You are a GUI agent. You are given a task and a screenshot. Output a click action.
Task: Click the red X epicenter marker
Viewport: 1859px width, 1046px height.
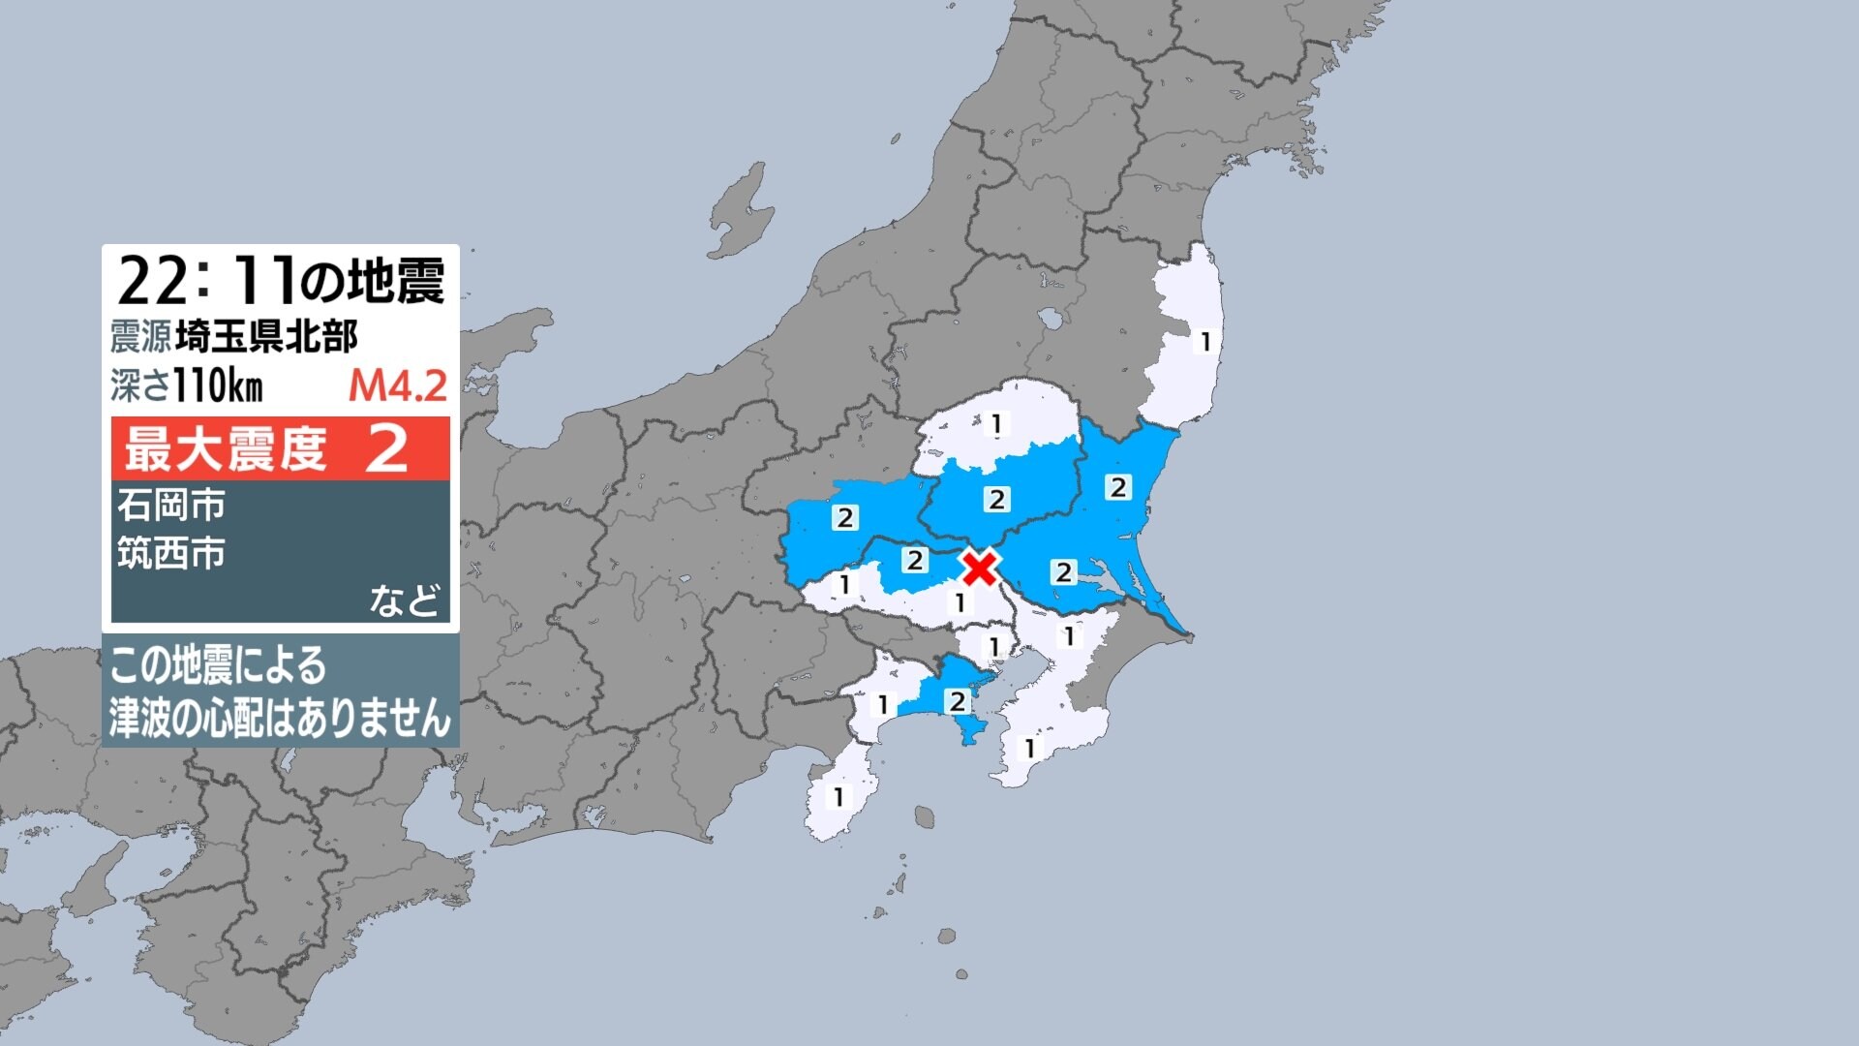(980, 567)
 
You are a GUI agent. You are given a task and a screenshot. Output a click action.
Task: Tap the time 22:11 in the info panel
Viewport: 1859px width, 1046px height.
(206, 282)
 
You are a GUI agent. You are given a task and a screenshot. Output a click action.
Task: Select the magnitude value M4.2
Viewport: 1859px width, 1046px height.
(398, 386)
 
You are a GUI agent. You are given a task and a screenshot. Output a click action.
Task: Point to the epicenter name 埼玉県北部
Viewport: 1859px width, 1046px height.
(266, 337)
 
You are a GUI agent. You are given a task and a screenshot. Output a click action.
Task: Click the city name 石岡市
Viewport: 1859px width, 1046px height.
(171, 505)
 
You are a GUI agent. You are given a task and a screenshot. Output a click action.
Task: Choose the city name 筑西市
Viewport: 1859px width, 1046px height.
(171, 553)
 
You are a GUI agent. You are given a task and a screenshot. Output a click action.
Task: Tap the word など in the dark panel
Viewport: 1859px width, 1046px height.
(405, 600)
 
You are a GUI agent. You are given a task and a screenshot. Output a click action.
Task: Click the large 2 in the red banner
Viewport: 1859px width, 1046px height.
(386, 448)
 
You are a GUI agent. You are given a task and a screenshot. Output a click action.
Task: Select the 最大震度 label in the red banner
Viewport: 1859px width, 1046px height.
(226, 448)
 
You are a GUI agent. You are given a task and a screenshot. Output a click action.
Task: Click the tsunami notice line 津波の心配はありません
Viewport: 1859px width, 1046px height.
(280, 718)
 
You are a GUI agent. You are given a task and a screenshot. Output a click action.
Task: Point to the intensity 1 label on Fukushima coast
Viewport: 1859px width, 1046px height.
(1205, 342)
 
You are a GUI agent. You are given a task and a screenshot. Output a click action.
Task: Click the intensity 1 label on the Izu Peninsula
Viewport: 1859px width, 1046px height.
(838, 797)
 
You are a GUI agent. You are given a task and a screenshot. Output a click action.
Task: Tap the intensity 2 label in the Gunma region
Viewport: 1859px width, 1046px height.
(845, 517)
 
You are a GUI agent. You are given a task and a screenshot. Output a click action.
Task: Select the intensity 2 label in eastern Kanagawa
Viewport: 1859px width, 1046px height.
(957, 701)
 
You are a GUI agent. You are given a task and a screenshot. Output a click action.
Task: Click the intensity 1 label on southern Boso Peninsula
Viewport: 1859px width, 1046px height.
(1030, 749)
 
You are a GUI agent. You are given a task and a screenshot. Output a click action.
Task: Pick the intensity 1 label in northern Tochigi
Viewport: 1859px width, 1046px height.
(995, 423)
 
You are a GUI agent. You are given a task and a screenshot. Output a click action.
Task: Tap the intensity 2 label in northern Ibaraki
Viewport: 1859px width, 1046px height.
(1118, 487)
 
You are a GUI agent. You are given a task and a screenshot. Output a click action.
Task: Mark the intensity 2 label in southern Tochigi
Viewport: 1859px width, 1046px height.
(996, 499)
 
